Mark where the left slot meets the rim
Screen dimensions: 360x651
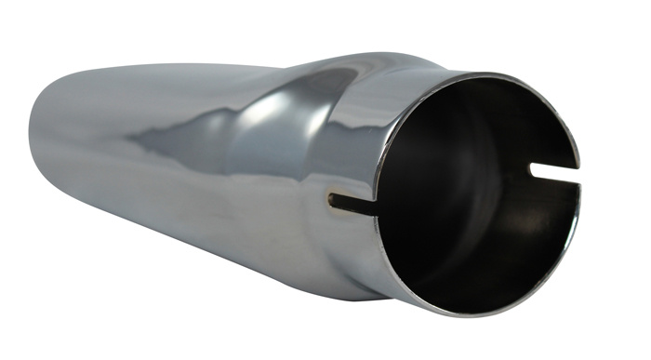click(378, 210)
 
